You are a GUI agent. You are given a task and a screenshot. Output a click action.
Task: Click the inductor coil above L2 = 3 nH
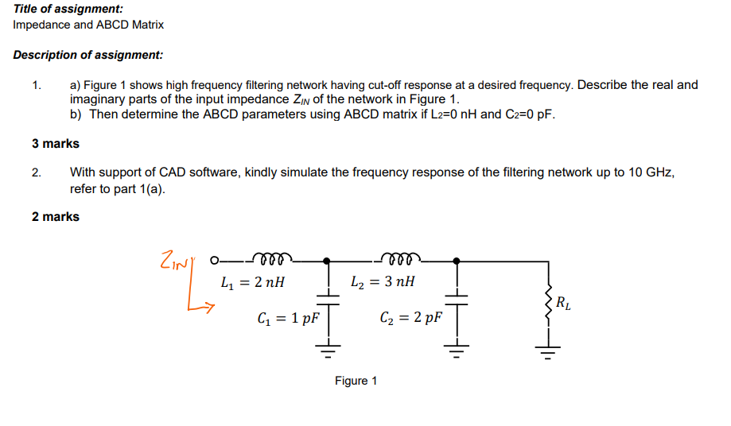pos(400,257)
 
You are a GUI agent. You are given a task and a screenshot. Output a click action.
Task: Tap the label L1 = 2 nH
pos(252,281)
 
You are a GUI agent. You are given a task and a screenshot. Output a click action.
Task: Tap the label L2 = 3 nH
pos(382,281)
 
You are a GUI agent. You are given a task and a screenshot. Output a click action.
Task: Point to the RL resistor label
pos(562,303)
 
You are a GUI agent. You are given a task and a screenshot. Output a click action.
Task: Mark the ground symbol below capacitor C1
pos(327,347)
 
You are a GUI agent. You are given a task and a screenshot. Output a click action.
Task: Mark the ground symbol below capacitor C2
pos(456,347)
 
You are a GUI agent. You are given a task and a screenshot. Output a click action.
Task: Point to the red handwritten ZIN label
pos(175,260)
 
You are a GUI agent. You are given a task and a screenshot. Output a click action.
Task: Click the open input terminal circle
pos(213,260)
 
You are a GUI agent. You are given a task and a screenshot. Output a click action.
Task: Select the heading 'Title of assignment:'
pos(68,9)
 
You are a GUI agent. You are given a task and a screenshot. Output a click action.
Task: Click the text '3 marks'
pos(56,144)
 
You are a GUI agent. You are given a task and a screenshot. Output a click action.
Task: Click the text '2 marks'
pos(56,216)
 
